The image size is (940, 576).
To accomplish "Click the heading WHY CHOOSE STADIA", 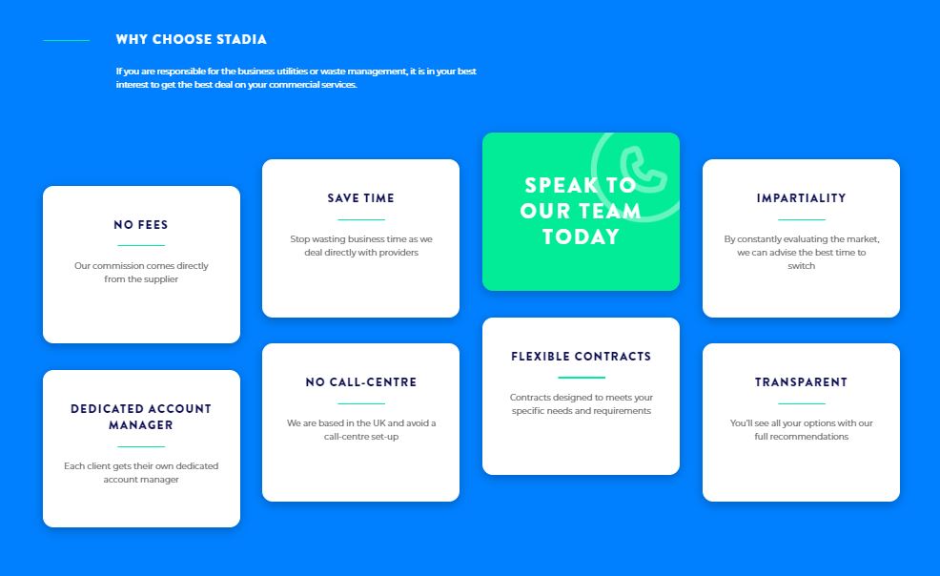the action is coord(192,39).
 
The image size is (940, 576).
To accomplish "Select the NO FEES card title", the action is coord(141,225).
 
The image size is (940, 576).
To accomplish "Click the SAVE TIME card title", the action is coord(361,197).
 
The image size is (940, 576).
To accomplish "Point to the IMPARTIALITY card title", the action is coord(801,197).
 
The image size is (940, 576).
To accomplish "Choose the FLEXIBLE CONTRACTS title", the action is coord(581,356).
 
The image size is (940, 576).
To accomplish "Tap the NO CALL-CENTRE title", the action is coord(361,381).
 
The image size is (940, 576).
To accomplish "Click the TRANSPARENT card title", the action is coord(801,381).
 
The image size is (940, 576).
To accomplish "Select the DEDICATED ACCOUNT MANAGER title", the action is coord(141,417).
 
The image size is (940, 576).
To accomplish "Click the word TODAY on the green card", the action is coord(581,237).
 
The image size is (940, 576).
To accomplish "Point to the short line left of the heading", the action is coord(67,40).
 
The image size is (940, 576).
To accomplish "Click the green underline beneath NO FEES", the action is coord(141,245).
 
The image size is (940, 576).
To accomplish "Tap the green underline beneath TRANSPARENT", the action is coord(801,403).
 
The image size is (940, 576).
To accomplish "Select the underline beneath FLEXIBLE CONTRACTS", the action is coord(581,378).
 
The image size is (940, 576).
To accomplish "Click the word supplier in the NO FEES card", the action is coord(160,279).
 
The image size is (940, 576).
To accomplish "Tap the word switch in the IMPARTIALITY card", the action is coord(801,265).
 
